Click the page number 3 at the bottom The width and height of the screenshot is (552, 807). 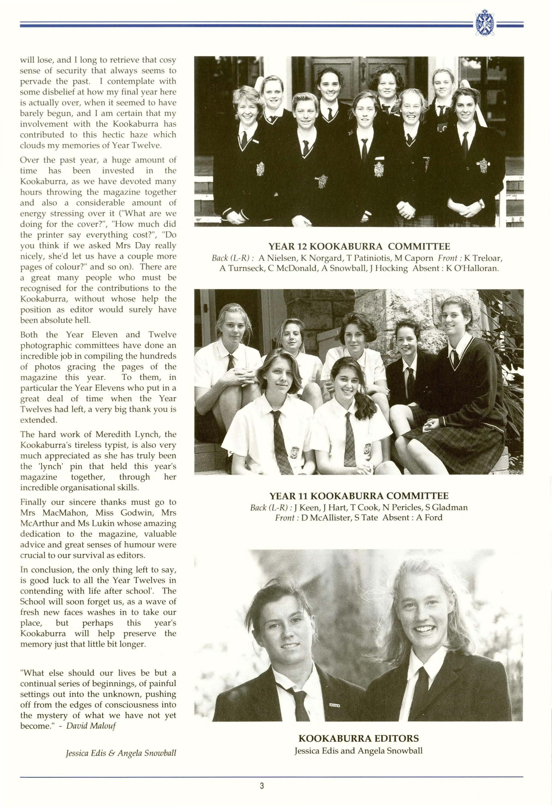262,786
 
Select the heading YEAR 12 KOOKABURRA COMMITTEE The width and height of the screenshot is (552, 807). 359,247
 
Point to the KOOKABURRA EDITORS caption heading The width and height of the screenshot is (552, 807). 358,739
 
